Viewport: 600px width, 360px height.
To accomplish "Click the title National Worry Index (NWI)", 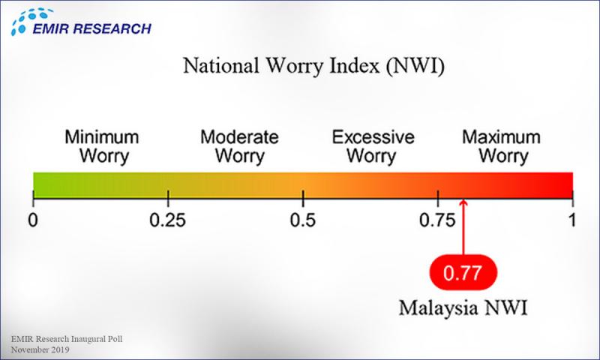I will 314,67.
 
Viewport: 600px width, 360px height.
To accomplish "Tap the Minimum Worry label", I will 101,147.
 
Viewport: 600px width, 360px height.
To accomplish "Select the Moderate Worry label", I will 239,147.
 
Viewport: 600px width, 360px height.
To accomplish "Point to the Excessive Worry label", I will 373,147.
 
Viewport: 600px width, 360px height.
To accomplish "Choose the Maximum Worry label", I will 501,147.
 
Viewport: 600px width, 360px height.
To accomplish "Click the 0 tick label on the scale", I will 33,221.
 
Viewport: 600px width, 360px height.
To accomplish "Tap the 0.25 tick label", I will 168,221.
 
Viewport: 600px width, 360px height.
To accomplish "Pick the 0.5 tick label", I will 303,221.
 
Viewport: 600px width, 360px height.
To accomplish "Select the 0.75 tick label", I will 438,221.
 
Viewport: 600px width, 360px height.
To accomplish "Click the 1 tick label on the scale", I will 573,221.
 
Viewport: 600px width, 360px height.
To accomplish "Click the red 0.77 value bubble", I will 463,273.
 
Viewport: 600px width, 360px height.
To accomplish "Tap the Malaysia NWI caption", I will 462,308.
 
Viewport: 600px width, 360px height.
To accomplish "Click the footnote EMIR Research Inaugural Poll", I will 67,340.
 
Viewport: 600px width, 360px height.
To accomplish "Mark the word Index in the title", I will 348,67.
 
